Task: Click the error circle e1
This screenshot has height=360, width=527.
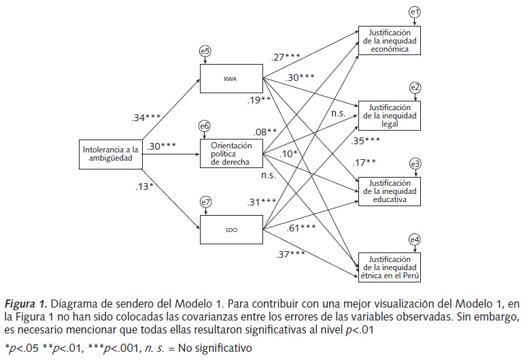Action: (415, 12)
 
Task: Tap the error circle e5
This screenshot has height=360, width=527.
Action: (205, 50)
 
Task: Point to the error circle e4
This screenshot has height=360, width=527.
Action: (415, 239)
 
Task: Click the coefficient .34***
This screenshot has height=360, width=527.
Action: (146, 118)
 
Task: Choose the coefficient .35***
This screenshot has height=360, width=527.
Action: (366, 141)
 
